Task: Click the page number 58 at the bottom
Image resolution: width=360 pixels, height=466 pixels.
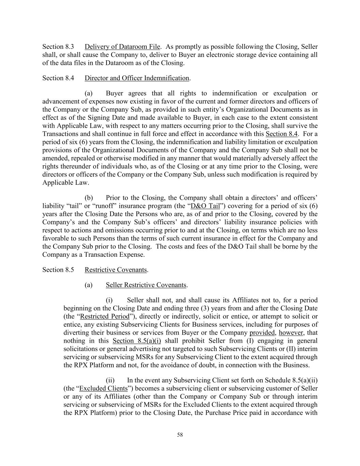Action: coord(180,435)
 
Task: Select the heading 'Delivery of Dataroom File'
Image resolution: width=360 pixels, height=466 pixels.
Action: coord(122,47)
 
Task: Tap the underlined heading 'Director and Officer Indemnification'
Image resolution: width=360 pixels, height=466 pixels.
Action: coord(136,78)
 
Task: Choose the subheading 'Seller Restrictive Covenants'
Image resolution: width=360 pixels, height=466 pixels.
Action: coord(146,285)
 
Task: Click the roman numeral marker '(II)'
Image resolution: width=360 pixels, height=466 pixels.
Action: coord(289,349)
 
